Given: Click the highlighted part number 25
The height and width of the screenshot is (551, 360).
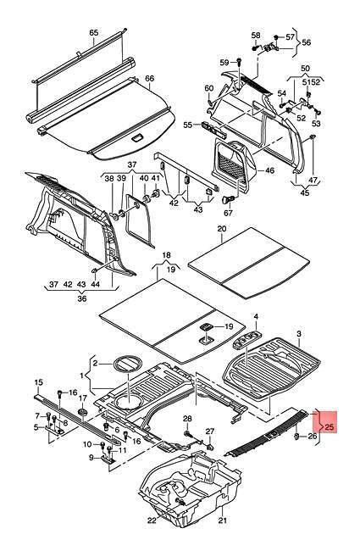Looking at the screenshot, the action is click(x=330, y=427).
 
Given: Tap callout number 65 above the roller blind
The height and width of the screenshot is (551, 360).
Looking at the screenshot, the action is click(x=94, y=33).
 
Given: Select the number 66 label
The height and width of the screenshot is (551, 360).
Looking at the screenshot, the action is click(x=150, y=78).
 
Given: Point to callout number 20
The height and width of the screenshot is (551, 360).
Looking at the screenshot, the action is click(x=222, y=228).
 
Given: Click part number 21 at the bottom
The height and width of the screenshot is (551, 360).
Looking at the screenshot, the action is click(x=223, y=520).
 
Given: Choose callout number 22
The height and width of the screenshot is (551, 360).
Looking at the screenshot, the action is click(x=152, y=520).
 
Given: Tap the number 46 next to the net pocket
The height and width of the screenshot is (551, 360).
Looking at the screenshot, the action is click(x=269, y=170).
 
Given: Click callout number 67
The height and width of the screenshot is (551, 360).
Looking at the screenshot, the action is click(x=229, y=213).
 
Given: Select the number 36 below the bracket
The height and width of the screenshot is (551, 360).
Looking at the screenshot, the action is click(x=82, y=298).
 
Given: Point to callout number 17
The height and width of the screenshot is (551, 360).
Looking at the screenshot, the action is click(x=82, y=398).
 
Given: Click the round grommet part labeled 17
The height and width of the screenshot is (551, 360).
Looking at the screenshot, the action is click(x=83, y=411).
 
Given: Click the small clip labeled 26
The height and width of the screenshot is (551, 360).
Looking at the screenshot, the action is click(x=296, y=437).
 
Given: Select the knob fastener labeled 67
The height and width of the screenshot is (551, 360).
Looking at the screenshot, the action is click(x=228, y=199).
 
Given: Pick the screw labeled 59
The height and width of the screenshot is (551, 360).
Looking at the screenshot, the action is click(x=239, y=63).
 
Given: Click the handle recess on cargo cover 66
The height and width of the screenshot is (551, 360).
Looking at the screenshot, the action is click(x=136, y=138).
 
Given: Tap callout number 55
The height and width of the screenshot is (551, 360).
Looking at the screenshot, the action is click(x=188, y=125).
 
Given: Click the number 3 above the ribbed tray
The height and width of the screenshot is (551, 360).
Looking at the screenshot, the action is click(x=299, y=333).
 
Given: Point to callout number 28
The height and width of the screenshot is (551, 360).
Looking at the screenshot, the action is click(x=187, y=418).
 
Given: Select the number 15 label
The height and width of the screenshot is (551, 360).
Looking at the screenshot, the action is click(x=39, y=382).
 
